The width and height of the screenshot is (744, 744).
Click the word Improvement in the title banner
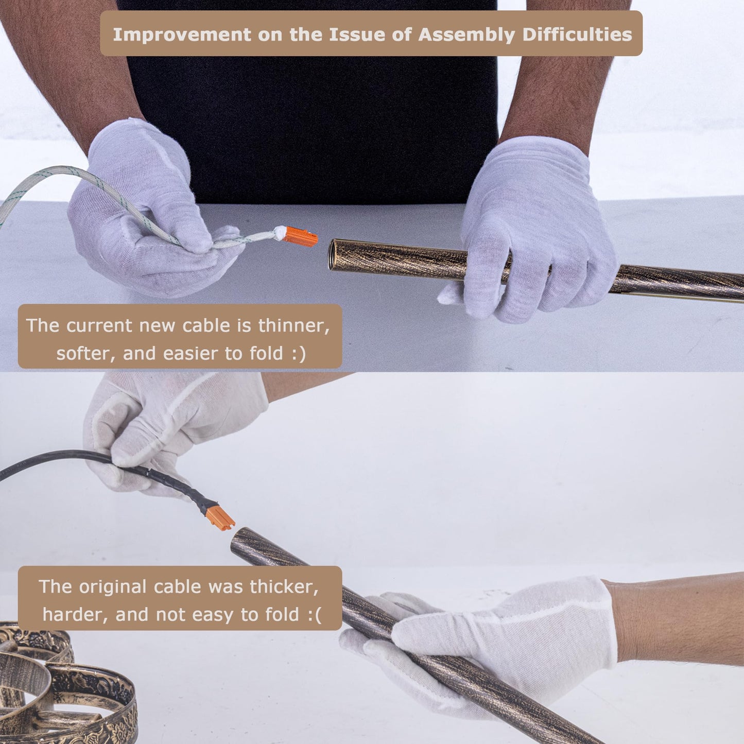pyautogui.click(x=182, y=35)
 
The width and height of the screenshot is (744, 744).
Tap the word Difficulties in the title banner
pyautogui.click(x=577, y=34)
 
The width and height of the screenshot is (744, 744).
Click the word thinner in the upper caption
pyautogui.click(x=294, y=325)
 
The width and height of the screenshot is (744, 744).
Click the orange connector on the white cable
pyautogui.click(x=300, y=237)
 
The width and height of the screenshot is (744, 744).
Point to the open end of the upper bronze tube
pyautogui.click(x=333, y=254)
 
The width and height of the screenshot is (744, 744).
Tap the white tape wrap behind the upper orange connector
pyautogui.click(x=280, y=233)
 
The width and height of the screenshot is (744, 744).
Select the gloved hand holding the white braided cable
pyautogui.click(x=143, y=209)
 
